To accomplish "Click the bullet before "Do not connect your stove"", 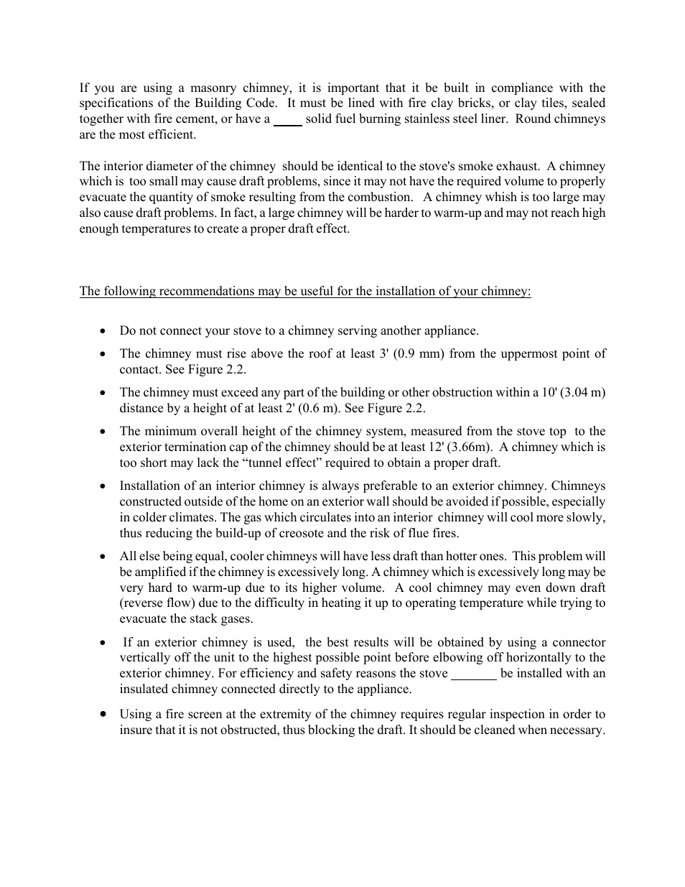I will [x=104, y=331].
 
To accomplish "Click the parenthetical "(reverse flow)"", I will [x=159, y=603].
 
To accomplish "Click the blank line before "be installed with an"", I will [x=473, y=674].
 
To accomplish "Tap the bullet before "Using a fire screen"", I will [x=104, y=714].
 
